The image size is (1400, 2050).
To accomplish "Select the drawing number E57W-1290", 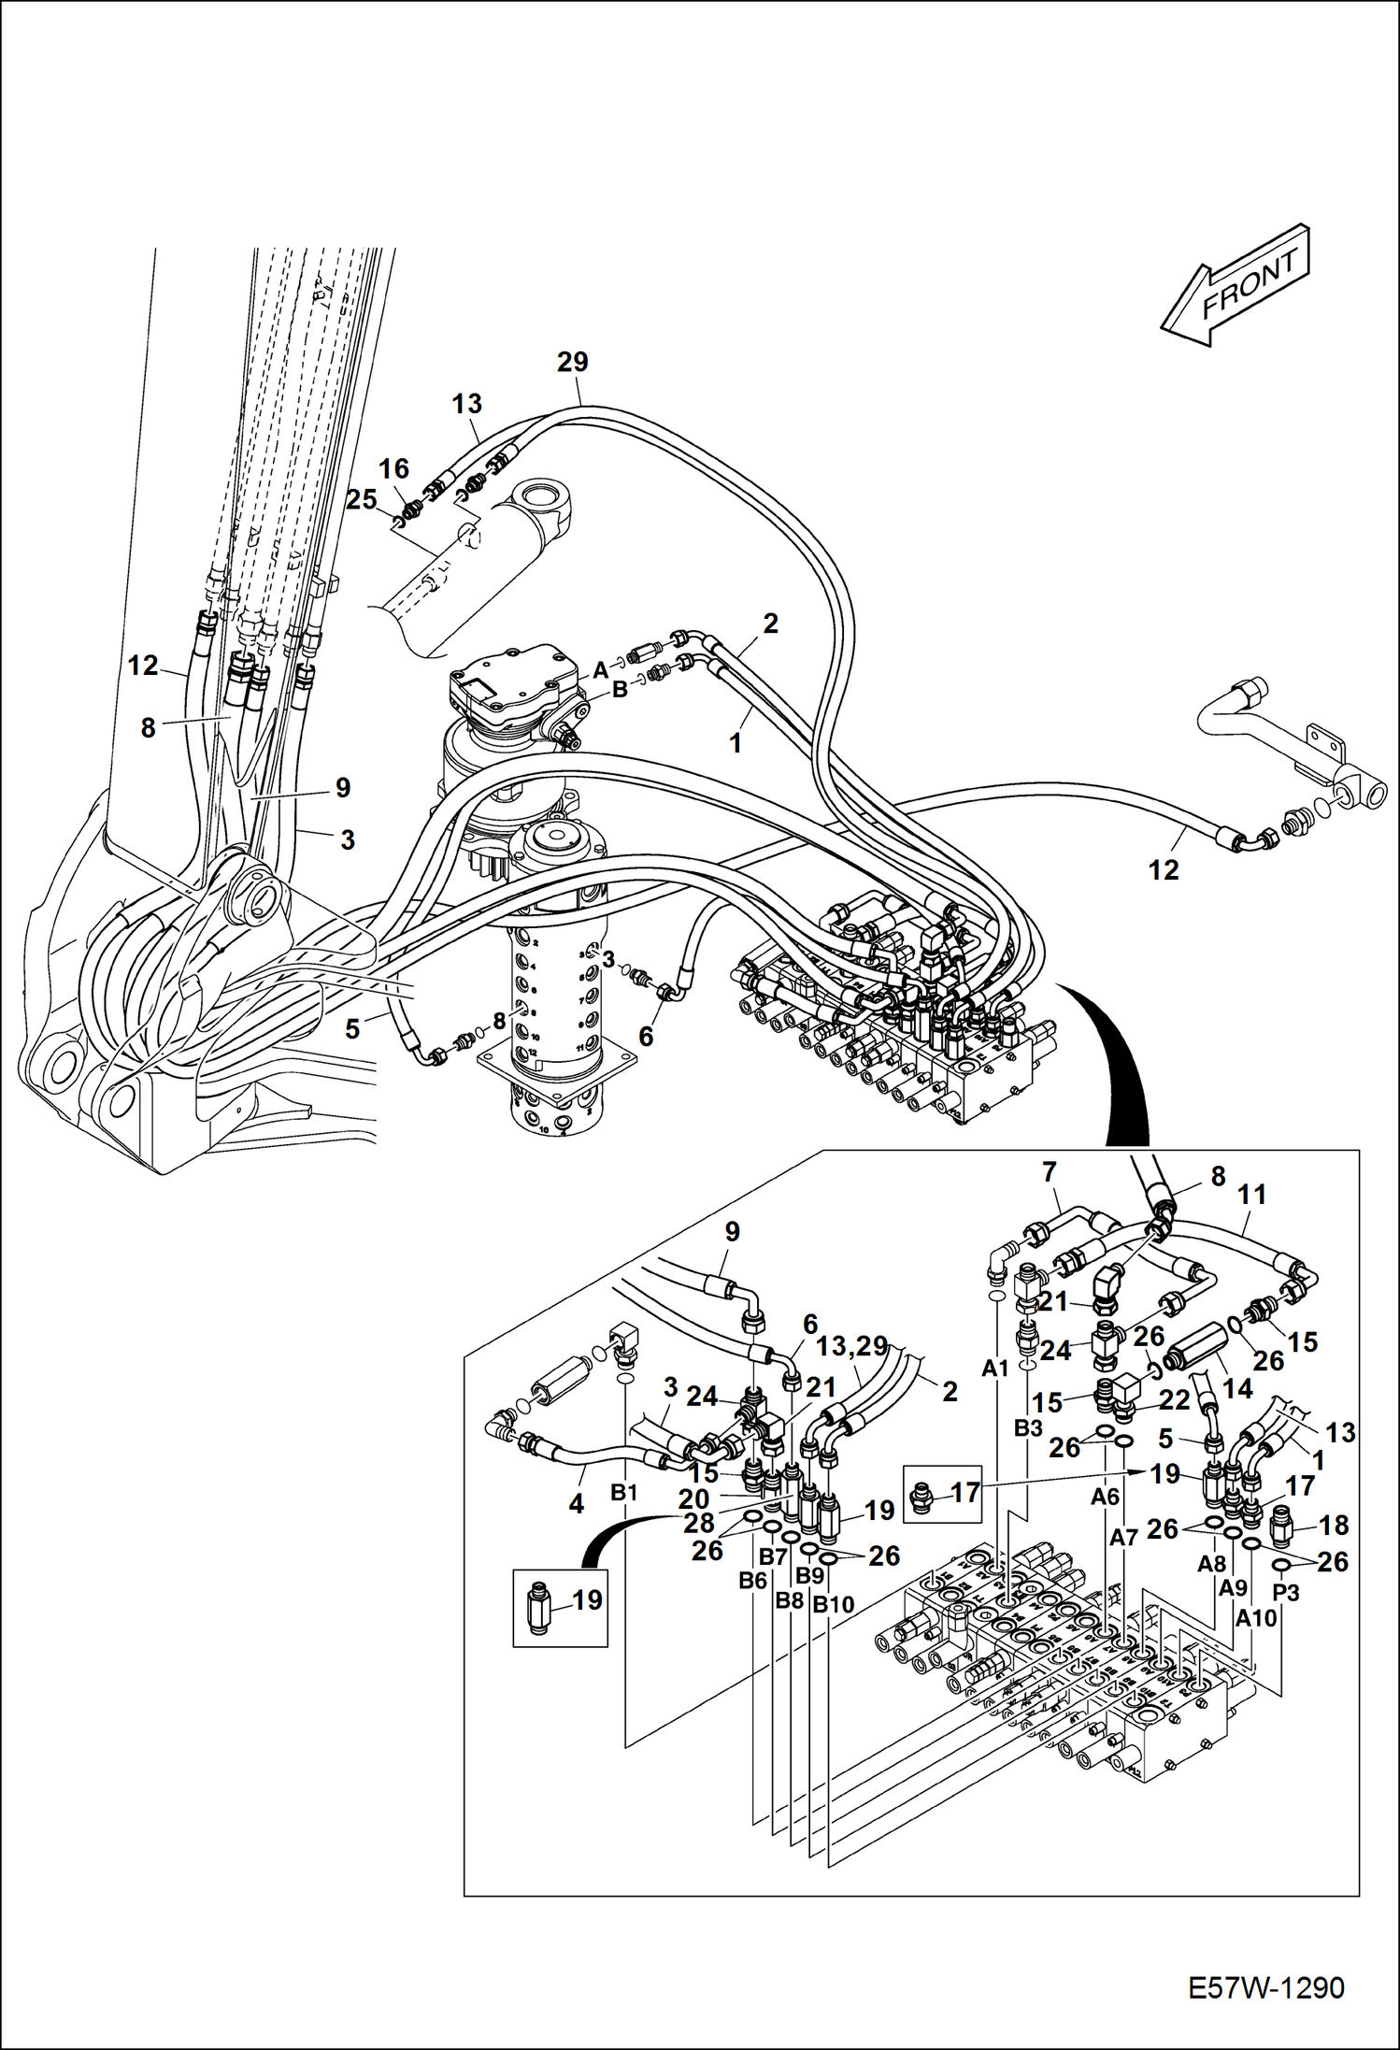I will point(1265,1987).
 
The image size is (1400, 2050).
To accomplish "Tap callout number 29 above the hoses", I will point(573,362).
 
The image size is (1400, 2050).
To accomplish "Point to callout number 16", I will point(393,468).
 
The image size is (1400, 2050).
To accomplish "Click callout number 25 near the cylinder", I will point(362,499).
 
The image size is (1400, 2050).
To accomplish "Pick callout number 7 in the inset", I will point(1049,1171).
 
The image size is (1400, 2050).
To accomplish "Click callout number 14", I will point(1237,1389).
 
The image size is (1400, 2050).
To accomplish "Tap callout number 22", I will point(1175,1399).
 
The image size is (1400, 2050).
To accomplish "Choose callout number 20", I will point(693,1498).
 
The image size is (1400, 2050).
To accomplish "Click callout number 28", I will point(699,1523).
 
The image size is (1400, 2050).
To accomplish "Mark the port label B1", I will point(623,1494).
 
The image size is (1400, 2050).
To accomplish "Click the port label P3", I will point(1286,1592).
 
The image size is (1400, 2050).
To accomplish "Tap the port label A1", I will point(995,1369).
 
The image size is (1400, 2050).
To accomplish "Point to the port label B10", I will point(834,1605).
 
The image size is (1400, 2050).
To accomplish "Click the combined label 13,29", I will point(850,1347).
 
